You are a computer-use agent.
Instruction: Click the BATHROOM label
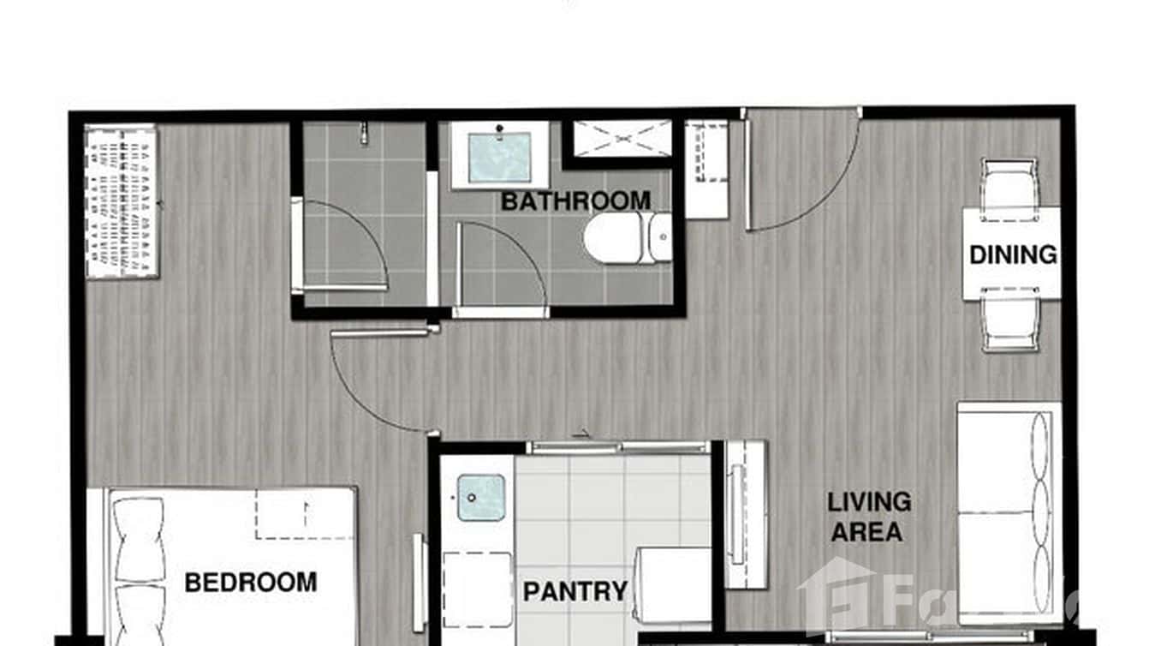coord(575,201)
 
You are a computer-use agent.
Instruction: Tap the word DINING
coord(1013,254)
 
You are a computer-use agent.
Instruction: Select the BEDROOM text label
coord(251,583)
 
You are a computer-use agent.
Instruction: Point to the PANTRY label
coord(575,591)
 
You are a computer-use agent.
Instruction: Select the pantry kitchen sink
coord(480,498)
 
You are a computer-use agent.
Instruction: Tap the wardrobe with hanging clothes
coord(122,201)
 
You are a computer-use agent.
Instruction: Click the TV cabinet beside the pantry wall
coord(745,514)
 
